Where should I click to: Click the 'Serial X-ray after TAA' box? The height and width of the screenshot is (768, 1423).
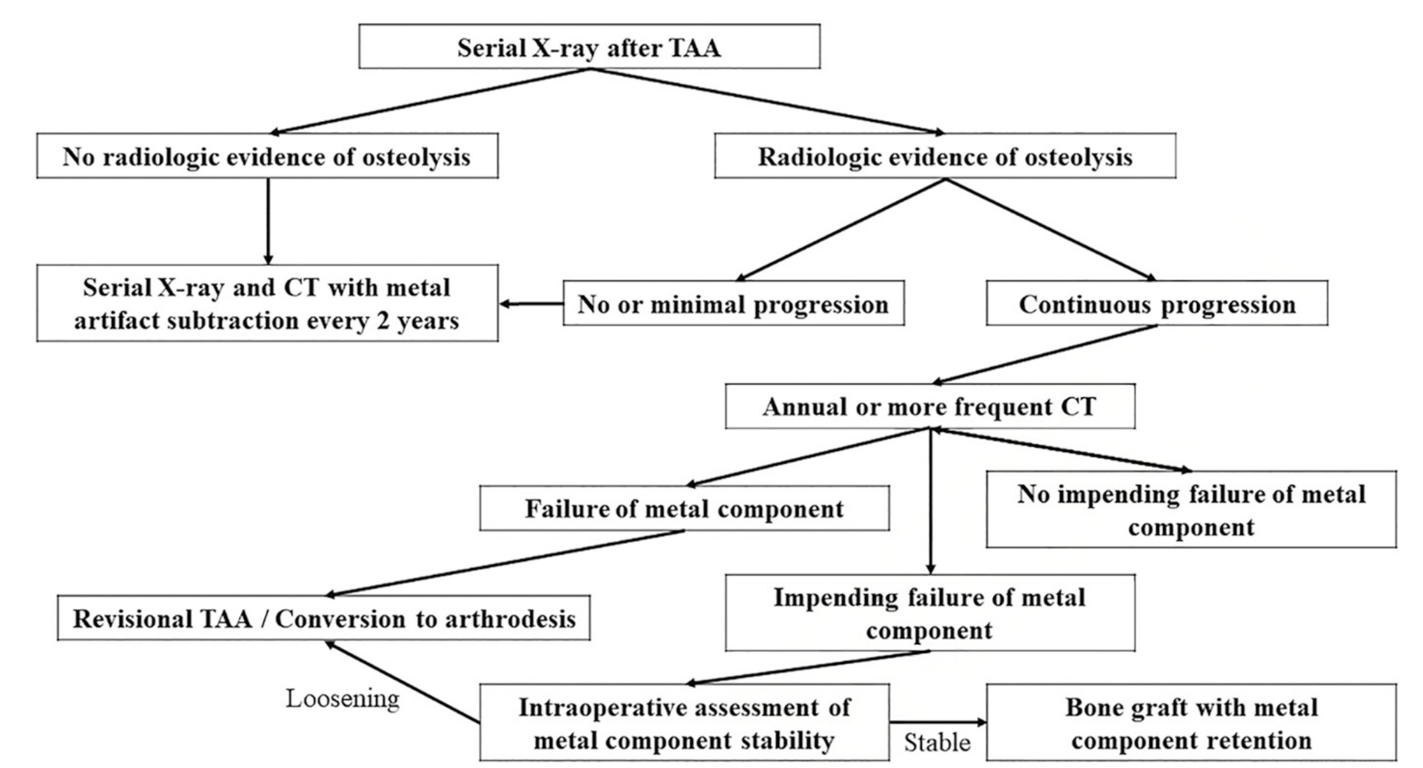(x=589, y=47)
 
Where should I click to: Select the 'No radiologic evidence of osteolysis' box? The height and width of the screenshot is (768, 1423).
(x=267, y=156)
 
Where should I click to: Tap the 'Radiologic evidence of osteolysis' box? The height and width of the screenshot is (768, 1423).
(x=945, y=156)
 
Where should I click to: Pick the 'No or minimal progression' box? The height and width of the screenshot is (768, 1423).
(x=734, y=303)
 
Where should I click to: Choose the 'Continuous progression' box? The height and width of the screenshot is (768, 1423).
(x=1156, y=303)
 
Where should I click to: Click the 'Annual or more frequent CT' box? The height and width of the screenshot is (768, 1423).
(x=930, y=406)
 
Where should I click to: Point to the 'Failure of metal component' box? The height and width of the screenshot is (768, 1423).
(x=684, y=508)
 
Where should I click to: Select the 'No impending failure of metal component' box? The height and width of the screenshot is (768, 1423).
(x=1191, y=510)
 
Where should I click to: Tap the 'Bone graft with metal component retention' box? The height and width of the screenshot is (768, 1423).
(x=1191, y=723)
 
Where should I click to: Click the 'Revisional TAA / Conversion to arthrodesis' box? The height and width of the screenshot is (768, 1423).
(x=324, y=618)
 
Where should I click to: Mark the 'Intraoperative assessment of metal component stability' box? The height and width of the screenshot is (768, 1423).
(x=684, y=723)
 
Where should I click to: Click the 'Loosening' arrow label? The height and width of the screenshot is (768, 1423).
(x=343, y=698)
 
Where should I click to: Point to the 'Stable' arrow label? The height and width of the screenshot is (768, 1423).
(x=937, y=742)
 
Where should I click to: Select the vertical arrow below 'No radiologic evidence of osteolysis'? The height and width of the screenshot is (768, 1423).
(x=268, y=221)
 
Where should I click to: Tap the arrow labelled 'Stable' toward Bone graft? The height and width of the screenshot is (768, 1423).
(x=938, y=723)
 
